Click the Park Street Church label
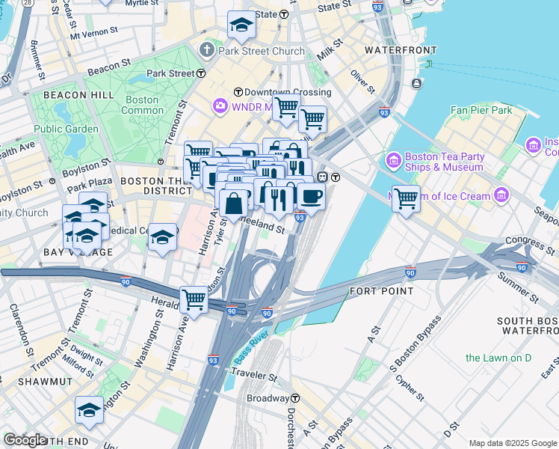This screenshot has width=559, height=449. tap(261, 52)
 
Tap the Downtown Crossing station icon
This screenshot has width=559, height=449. tap(238, 92)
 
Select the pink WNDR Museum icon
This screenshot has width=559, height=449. tap(220, 106)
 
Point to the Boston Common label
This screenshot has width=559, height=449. tap(142, 105)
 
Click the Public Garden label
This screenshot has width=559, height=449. tap(66, 129)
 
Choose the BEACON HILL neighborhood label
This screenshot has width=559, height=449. tap(78, 95)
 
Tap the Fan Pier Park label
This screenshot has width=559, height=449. tap(481, 110)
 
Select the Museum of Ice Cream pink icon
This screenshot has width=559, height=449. tap(501, 196)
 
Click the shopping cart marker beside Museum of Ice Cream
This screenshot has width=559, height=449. tap(406, 199)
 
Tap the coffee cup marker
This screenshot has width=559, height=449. tap(311, 197)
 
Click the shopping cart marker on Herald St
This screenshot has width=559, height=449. tap(194, 299)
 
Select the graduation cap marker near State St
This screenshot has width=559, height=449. tap(241, 26)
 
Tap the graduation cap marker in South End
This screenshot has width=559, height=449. tap(89, 410)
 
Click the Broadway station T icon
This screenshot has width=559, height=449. tap(296, 398)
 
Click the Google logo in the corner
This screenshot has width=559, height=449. tap(25, 440)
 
